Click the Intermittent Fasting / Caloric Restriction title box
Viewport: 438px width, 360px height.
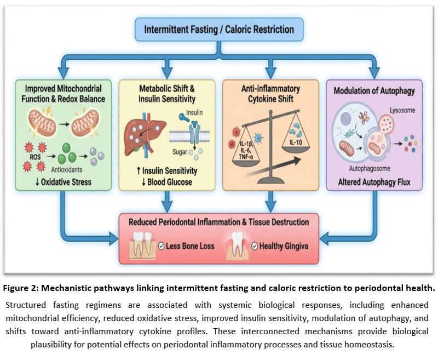click(218, 28)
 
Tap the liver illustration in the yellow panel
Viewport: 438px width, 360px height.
click(141, 131)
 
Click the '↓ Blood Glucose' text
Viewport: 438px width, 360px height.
click(164, 182)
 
